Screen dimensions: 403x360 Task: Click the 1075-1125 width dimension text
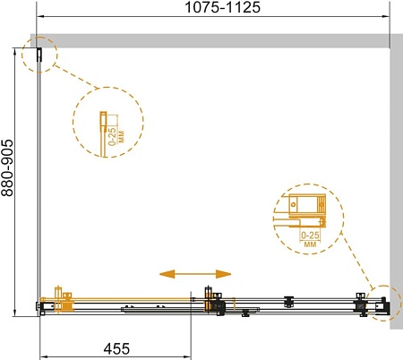pos(222,7)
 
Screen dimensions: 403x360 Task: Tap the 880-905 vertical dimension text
pos(7,167)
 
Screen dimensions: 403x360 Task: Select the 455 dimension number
pos(116,348)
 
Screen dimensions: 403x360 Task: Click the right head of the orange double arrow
pos(223,274)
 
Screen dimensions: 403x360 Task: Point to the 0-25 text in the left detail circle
pos(112,136)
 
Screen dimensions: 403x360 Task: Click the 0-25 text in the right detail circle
pos(310,236)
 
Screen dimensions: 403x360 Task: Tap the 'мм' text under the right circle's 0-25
pos(310,244)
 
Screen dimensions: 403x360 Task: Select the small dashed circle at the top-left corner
pos(39,55)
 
